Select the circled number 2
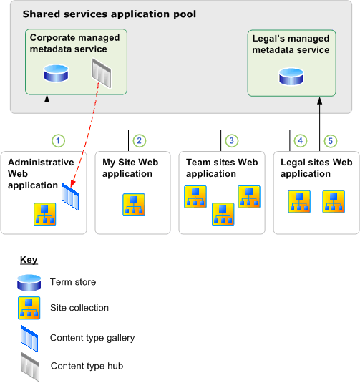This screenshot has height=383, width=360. [139, 140]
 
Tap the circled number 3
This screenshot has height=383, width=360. [230, 140]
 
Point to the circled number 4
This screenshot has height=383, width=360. [301, 140]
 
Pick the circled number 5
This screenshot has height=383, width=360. [329, 140]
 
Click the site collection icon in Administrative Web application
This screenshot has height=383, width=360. [45, 213]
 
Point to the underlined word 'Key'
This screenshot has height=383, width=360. [29, 260]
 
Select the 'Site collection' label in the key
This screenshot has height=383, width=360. [79, 308]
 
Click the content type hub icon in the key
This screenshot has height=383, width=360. [29, 366]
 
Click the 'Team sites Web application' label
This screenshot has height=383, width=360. [221, 168]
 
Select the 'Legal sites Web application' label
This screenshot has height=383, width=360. [316, 168]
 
